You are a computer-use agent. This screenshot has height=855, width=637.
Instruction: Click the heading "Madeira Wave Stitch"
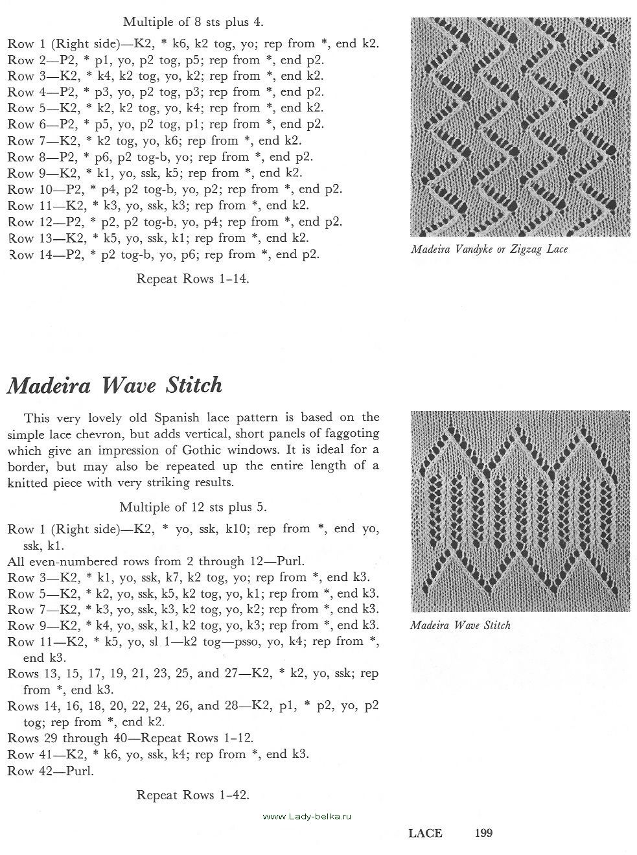tap(114, 386)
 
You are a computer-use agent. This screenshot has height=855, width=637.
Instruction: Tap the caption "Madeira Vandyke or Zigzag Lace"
tap(489, 249)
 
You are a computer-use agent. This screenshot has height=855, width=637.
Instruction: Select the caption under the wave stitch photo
tap(460, 626)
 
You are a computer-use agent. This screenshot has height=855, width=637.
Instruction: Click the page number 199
tap(484, 833)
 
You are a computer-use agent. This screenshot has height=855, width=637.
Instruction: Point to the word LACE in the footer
tap(425, 833)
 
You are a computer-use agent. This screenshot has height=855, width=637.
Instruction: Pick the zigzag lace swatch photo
tap(520, 127)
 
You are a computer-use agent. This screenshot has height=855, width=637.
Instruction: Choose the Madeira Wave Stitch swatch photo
tap(520, 511)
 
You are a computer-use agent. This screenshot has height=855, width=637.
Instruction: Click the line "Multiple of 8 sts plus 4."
tap(193, 22)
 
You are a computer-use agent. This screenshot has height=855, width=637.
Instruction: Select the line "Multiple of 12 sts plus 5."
tap(193, 507)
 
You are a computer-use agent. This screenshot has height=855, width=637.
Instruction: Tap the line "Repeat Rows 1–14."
tap(192, 279)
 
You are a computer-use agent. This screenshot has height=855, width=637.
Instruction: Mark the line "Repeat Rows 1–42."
tap(192, 795)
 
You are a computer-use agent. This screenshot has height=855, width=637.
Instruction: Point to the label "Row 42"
tap(28, 771)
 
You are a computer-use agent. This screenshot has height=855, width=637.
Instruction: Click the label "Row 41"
tap(28, 755)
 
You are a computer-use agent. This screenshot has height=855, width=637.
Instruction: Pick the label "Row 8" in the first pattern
tap(25, 157)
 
